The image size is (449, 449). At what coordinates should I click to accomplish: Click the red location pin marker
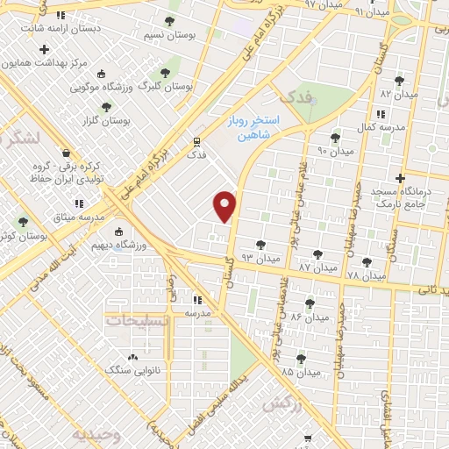[x=226, y=205]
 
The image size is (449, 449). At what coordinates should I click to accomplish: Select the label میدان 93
[x=260, y=258]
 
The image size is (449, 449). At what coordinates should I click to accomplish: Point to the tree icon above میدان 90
[x=334, y=138]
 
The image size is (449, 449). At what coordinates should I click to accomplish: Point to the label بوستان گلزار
[x=106, y=120]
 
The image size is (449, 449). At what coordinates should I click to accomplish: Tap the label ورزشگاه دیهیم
[x=139, y=245]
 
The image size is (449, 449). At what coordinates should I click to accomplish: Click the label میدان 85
[x=299, y=372]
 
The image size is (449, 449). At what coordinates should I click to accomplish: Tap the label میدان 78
[x=367, y=275]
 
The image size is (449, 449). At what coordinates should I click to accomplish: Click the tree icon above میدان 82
[x=399, y=81]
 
